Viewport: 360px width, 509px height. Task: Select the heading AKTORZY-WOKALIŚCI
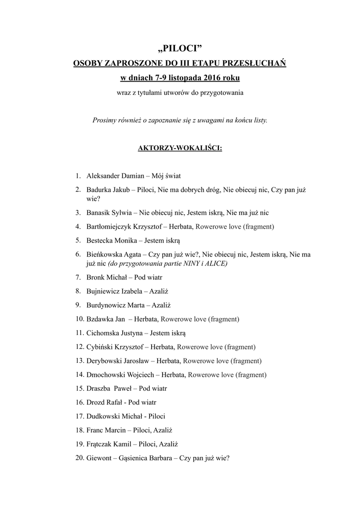180,148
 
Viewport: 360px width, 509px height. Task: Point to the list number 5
78,240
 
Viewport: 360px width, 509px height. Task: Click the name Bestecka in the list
101,240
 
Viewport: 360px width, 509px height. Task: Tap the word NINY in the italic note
191,263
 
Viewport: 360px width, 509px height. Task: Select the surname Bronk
95,277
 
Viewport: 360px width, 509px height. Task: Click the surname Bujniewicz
103,290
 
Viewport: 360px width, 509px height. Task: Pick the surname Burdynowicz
106,304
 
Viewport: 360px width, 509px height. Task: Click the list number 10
79,318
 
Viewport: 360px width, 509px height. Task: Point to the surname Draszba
98,388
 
